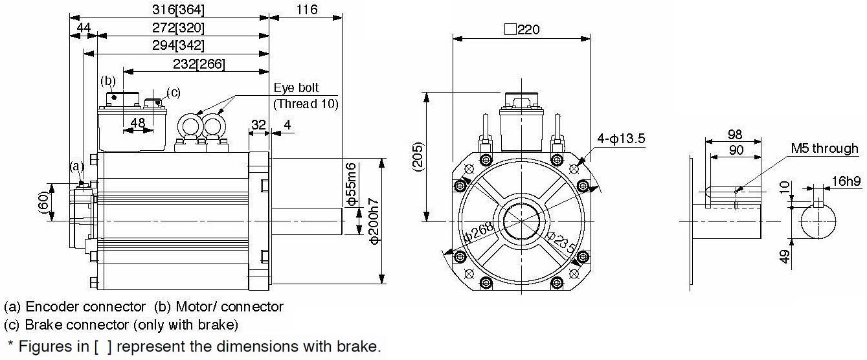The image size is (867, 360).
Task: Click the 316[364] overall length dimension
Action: [178, 10]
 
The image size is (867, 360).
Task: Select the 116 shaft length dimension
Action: [307, 9]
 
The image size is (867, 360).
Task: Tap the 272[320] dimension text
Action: [178, 27]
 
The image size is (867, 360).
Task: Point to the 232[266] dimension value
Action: [199, 64]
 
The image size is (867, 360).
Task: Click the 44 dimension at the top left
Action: [84, 27]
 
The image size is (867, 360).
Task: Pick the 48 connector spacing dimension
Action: [138, 122]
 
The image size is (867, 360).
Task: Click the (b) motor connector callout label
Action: [108, 81]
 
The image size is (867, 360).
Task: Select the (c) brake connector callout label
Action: [174, 93]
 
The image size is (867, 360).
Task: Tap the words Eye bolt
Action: [296, 88]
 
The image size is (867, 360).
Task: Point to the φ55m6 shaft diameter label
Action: [351, 185]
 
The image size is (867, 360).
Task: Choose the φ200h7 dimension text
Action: [374, 221]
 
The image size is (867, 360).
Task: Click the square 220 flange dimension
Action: [522, 29]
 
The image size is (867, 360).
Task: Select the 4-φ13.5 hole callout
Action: [621, 139]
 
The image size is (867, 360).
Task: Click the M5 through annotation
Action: [824, 148]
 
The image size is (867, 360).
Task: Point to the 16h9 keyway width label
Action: [846, 181]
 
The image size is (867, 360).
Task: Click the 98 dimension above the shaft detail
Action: [735, 134]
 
